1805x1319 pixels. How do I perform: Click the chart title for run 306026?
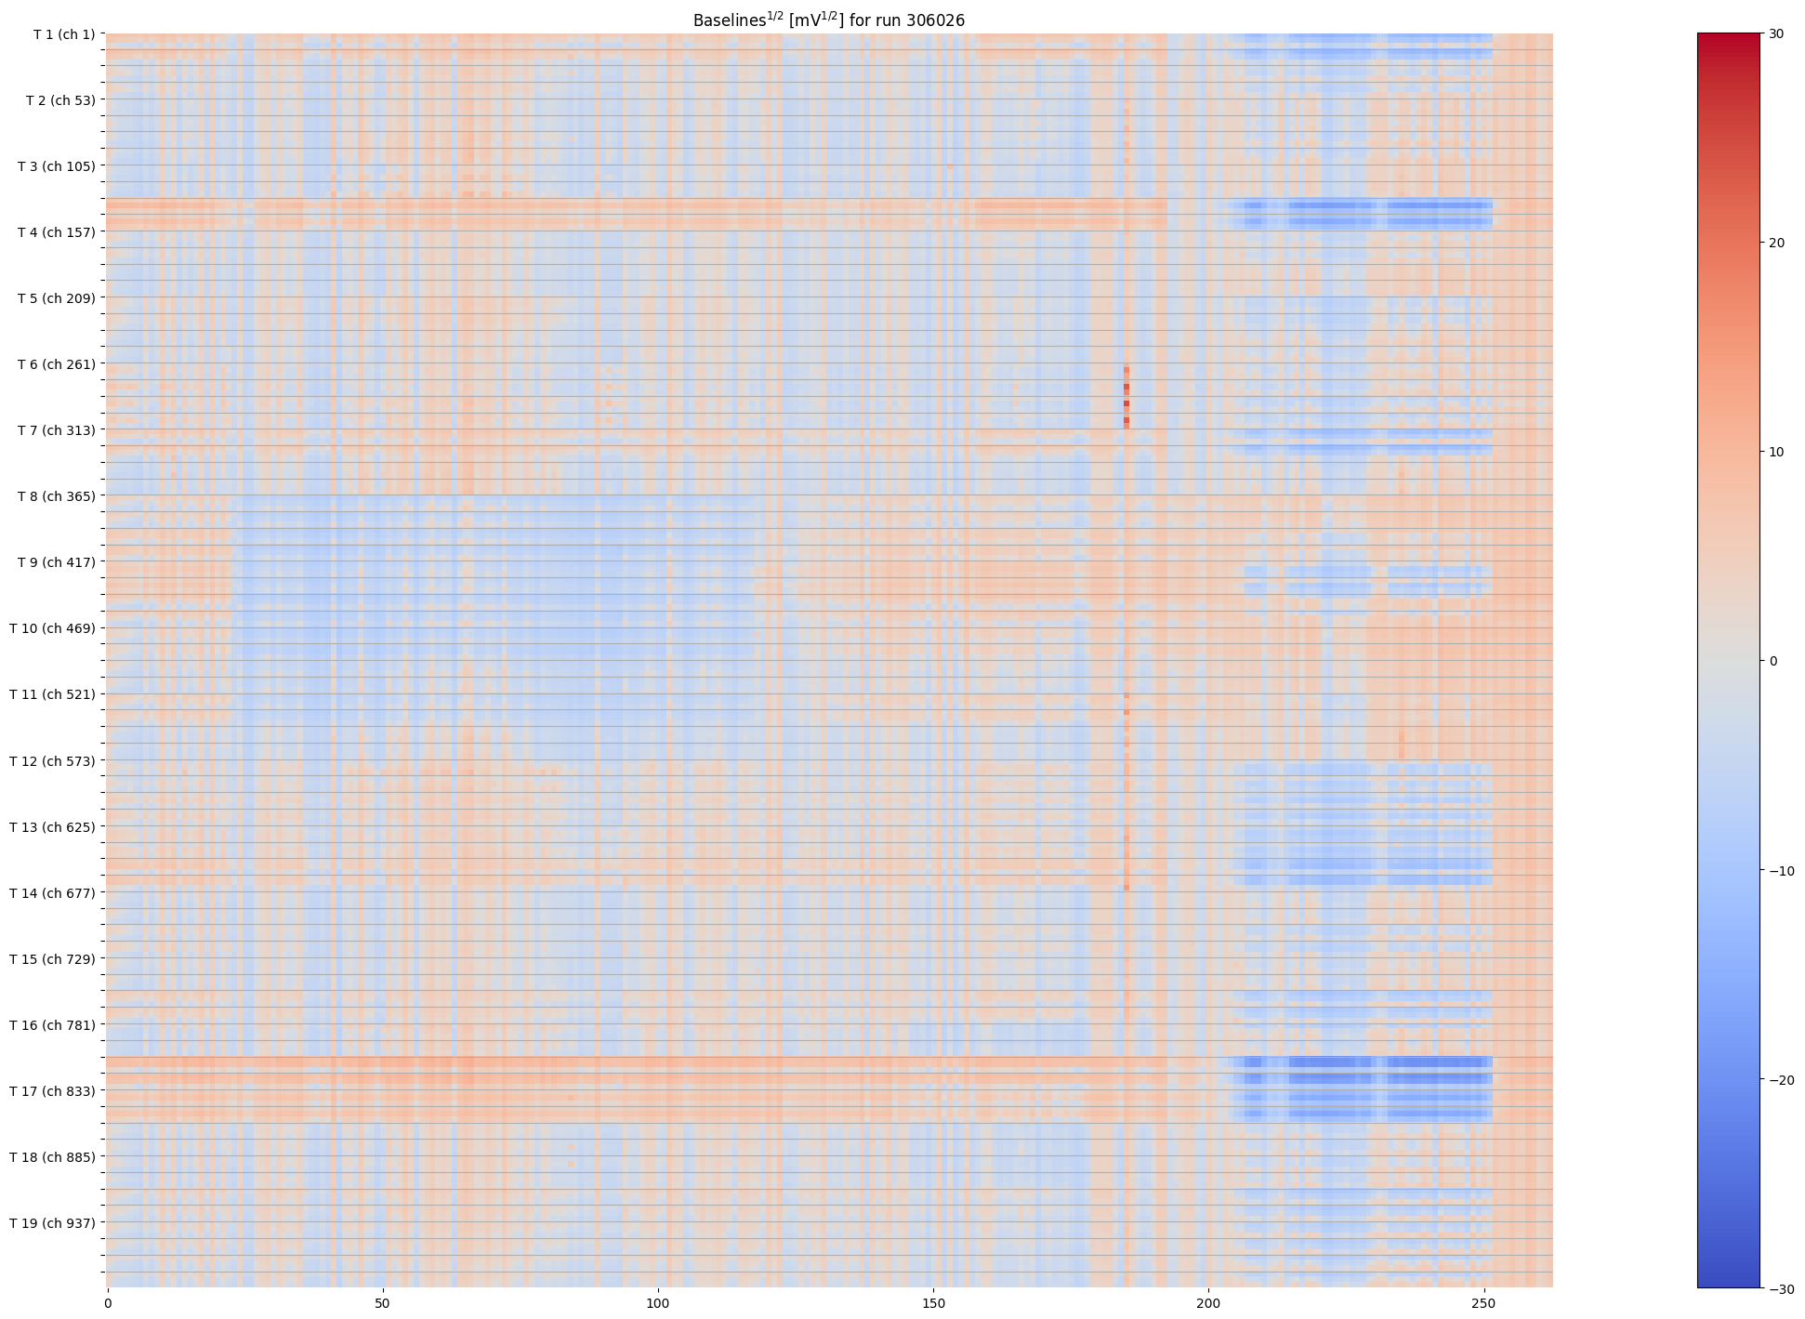coord(828,20)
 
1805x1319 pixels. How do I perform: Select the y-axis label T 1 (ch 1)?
coord(64,34)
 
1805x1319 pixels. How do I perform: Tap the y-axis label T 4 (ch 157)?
coord(57,232)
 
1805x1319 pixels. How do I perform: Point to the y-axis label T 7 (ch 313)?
coord(57,430)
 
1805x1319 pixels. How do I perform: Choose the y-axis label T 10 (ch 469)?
coord(53,628)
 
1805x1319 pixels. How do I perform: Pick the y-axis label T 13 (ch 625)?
coord(53,827)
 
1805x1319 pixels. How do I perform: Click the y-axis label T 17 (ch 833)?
coord(53,1091)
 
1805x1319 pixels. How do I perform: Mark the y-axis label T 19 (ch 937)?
coord(53,1223)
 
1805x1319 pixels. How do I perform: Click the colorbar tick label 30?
coord(1776,33)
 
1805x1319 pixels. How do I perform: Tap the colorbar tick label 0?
coord(1773,661)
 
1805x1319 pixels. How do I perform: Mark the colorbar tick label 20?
coord(1776,243)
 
